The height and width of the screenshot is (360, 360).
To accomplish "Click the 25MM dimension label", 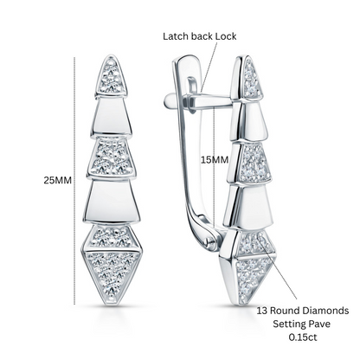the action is [x=57, y=180].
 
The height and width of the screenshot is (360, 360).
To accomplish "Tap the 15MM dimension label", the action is [x=215, y=159].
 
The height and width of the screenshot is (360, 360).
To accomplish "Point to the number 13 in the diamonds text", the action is [x=262, y=311].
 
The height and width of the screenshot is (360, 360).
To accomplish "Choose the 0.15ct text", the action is [x=303, y=337].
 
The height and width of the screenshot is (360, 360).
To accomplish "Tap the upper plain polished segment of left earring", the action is [x=111, y=117].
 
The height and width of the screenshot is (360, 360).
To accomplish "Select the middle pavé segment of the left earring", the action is [x=112, y=157].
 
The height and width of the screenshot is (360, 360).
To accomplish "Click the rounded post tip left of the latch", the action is [x=169, y=101].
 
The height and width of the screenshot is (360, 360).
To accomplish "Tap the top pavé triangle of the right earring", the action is [x=252, y=78].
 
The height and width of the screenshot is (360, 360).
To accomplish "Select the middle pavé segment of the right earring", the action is [x=254, y=164].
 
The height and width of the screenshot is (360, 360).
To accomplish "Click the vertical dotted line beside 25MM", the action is [x=74, y=181].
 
